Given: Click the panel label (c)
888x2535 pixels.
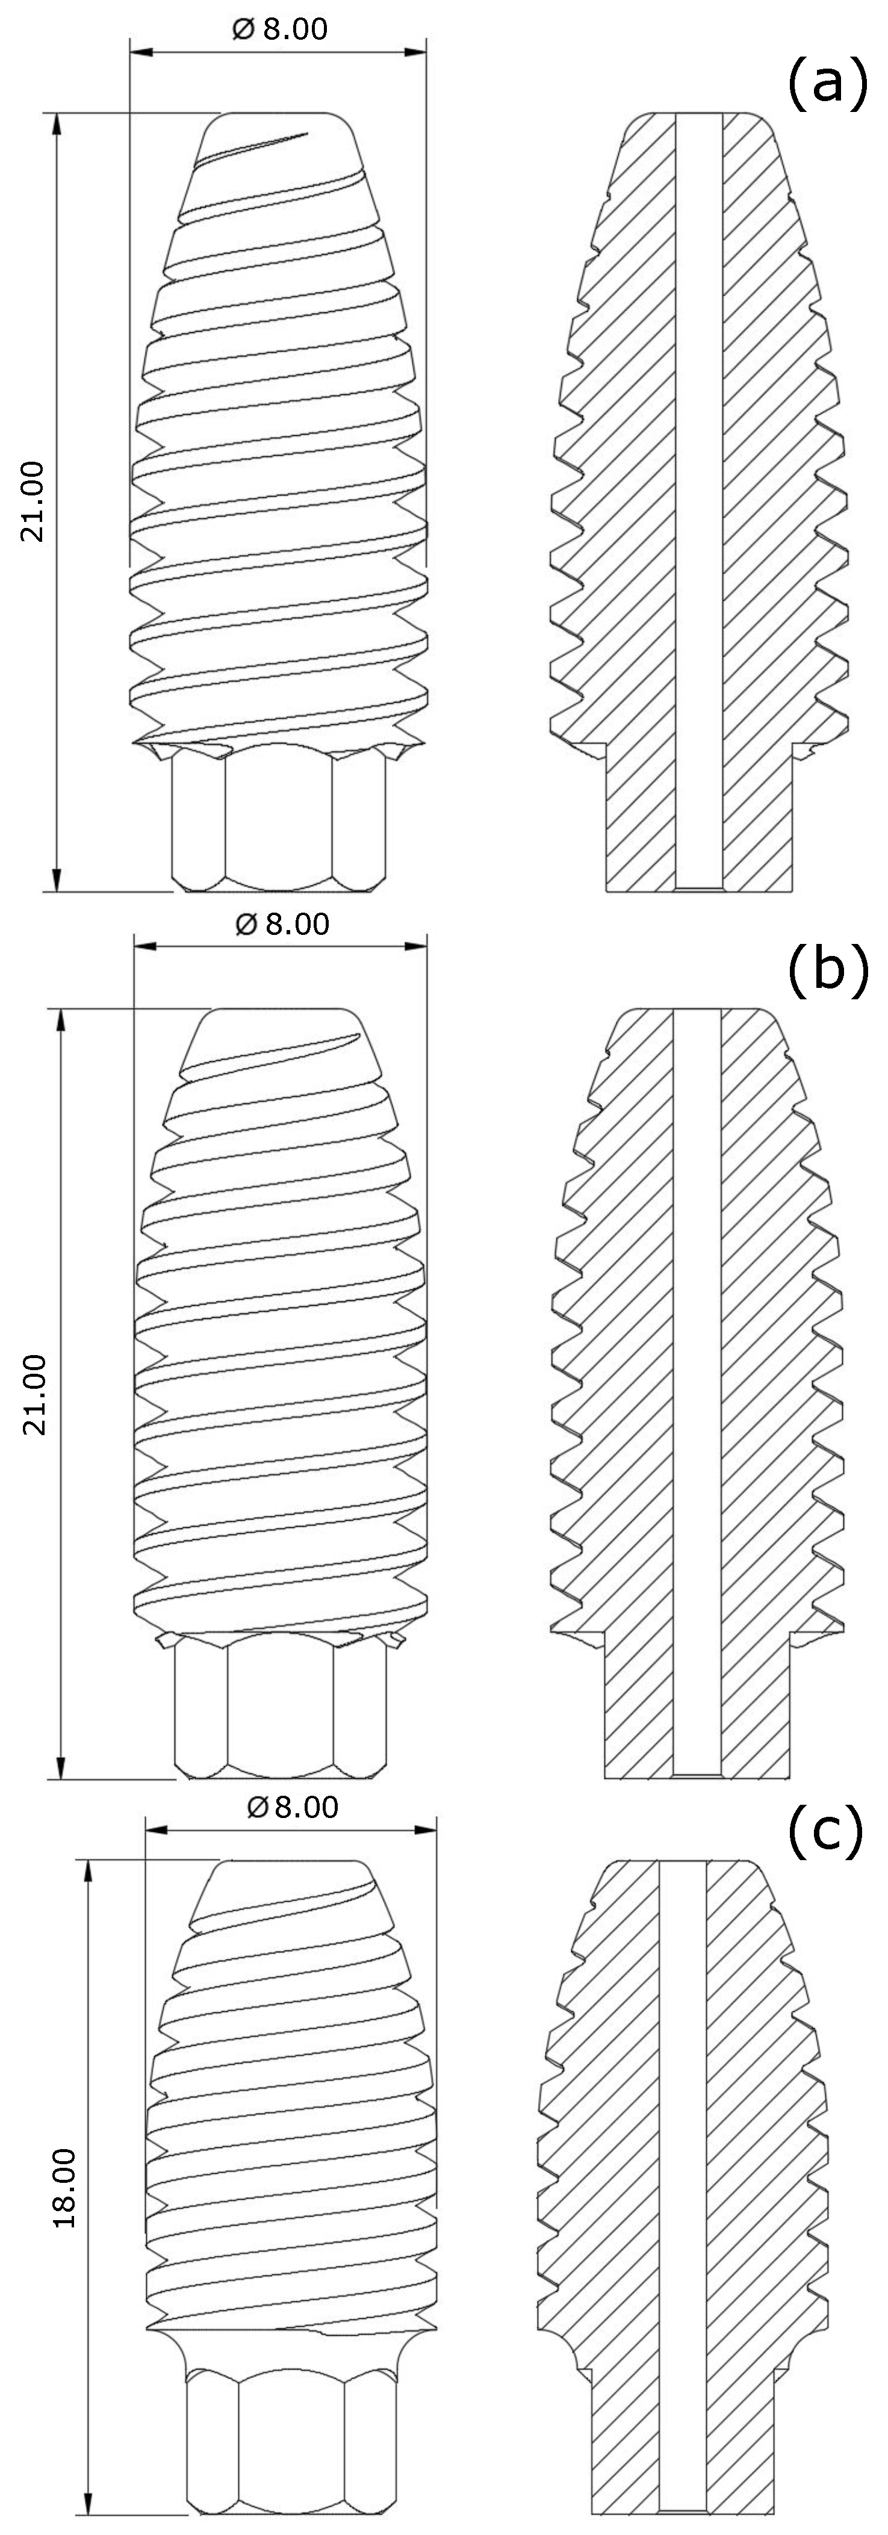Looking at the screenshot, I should pyautogui.click(x=825, y=1828).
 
